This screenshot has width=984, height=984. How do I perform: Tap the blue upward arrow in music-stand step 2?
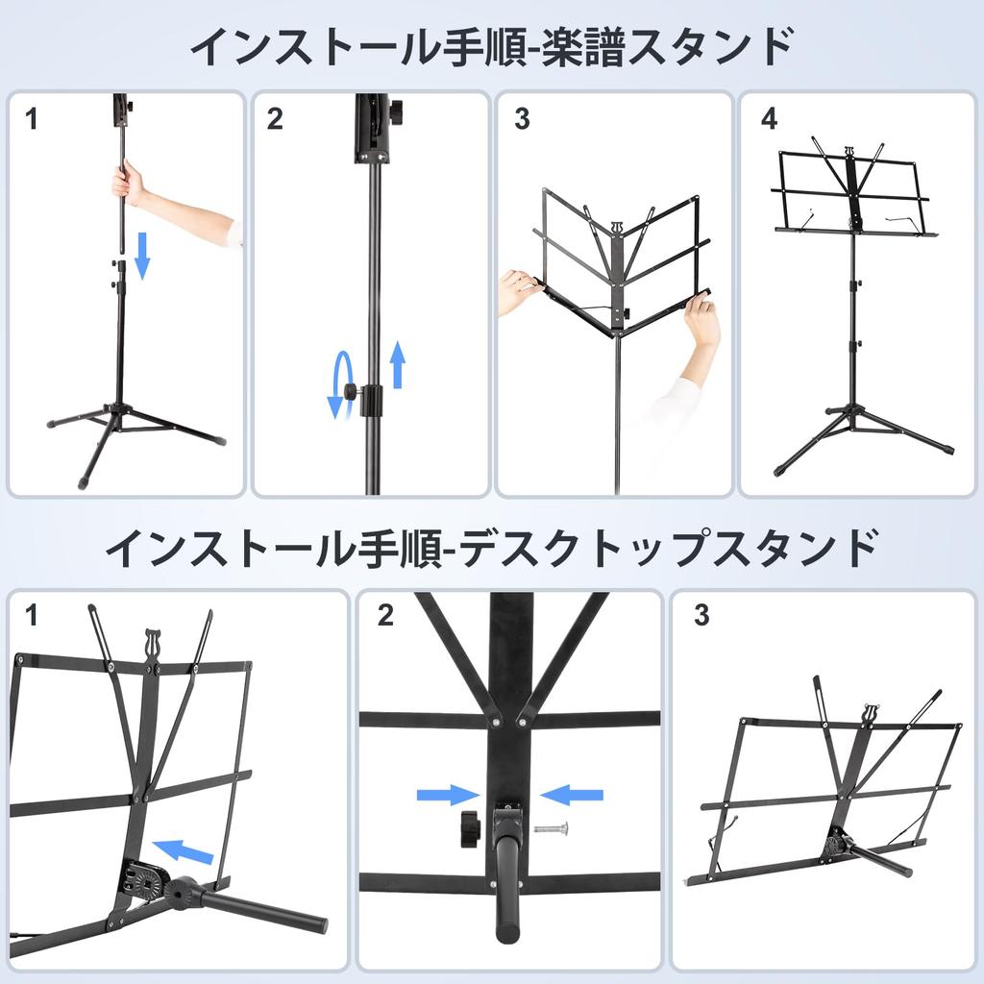397,364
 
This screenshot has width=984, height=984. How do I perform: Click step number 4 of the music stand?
769,118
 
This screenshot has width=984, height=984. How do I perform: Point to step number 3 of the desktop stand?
701,615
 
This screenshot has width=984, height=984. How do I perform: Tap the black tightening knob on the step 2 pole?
352,392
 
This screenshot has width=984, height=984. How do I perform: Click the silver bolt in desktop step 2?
551,828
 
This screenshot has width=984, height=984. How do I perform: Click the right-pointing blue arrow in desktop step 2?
448,795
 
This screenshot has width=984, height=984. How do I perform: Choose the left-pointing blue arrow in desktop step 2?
571,795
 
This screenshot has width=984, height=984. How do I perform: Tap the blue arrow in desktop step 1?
184,851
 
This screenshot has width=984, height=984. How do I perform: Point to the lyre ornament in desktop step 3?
869,714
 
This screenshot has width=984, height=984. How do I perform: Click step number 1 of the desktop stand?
31,615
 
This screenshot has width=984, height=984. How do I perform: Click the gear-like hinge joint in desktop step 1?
145,882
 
